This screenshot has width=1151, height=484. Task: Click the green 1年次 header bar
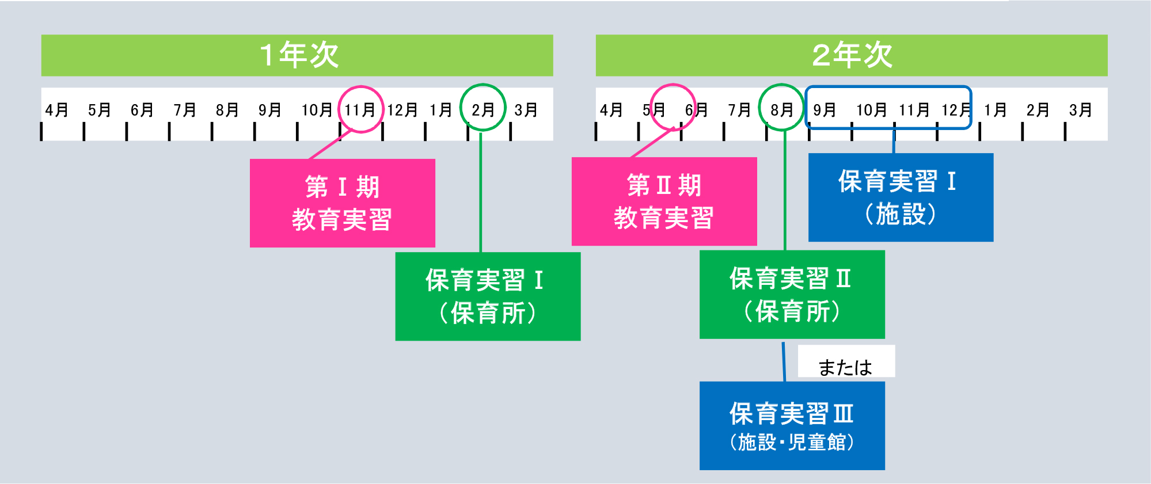pyautogui.click(x=297, y=55)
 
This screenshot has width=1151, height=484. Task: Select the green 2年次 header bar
pyautogui.click(x=851, y=55)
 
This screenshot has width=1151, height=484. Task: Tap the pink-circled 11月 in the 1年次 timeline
pyautogui.click(x=360, y=109)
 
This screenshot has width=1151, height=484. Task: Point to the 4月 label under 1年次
pyautogui.click(x=56, y=110)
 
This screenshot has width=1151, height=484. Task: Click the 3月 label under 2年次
pyautogui.click(x=1080, y=110)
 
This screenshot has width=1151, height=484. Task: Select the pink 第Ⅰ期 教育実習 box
pyautogui.click(x=342, y=203)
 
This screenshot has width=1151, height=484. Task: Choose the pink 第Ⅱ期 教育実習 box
pyautogui.click(x=664, y=201)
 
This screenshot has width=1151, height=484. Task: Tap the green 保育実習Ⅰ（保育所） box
pyautogui.click(x=487, y=296)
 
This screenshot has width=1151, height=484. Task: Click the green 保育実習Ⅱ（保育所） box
pyautogui.click(x=792, y=294)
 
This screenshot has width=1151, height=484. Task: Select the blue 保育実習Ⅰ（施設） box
pyautogui.click(x=901, y=197)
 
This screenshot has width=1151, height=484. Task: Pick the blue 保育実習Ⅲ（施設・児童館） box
pyautogui.click(x=792, y=426)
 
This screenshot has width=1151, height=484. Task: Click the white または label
pyautogui.click(x=845, y=366)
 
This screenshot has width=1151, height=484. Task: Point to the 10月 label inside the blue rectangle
pyautogui.click(x=871, y=110)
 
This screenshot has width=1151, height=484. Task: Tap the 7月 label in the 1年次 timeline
pyautogui.click(x=184, y=110)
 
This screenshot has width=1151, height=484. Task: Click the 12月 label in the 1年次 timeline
pyautogui.click(x=402, y=110)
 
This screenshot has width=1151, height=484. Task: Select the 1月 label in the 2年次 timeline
pyautogui.click(x=995, y=110)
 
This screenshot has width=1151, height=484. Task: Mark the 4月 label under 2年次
pyautogui.click(x=611, y=110)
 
